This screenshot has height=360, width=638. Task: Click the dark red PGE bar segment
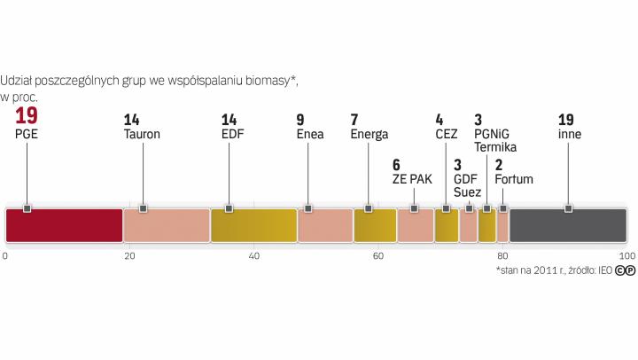(64, 225)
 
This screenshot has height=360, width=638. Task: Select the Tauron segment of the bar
(167, 225)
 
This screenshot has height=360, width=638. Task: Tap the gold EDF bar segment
(253, 225)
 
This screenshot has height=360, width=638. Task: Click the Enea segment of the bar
(325, 225)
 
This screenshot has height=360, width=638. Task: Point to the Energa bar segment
(375, 225)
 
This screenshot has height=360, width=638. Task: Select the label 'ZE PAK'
(412, 178)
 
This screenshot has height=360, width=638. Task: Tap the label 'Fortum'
(514, 178)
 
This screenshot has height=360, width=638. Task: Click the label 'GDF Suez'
(466, 184)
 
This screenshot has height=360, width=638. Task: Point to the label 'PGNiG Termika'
(495, 140)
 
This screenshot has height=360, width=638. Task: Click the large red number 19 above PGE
(26, 116)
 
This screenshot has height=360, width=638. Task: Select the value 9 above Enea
(300, 119)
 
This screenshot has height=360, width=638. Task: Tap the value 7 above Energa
(354, 119)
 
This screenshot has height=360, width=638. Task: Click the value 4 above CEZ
(440, 119)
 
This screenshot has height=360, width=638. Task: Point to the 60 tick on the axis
(377, 256)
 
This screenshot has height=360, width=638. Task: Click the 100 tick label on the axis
(626, 256)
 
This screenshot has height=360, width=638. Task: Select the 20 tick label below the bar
(129, 256)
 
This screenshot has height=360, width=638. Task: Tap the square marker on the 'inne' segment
(568, 208)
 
